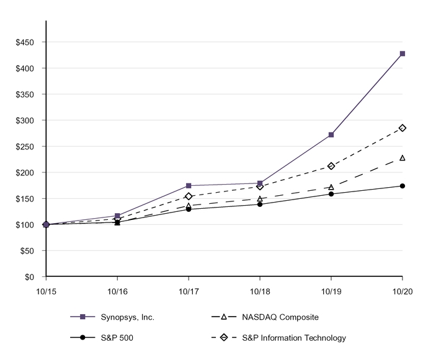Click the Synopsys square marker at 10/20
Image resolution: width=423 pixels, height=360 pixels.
(403, 54)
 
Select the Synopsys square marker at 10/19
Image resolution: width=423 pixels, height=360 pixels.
(331, 134)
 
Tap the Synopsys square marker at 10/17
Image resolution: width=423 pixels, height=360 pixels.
(189, 186)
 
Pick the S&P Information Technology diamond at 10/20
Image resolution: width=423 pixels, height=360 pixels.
(403, 128)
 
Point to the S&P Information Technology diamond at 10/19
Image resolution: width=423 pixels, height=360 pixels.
(331, 166)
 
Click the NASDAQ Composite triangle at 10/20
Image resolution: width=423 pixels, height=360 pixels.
(403, 158)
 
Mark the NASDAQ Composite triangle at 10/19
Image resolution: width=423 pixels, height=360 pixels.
(331, 187)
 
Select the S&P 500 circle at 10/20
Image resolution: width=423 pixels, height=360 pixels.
(403, 186)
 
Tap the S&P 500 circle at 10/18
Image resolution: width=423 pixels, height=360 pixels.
(260, 204)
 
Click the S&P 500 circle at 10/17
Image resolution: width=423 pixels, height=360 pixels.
(189, 209)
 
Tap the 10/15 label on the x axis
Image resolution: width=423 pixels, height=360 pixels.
(46, 291)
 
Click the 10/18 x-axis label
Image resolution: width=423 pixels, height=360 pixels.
(260, 291)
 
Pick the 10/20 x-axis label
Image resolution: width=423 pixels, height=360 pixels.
(403, 291)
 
